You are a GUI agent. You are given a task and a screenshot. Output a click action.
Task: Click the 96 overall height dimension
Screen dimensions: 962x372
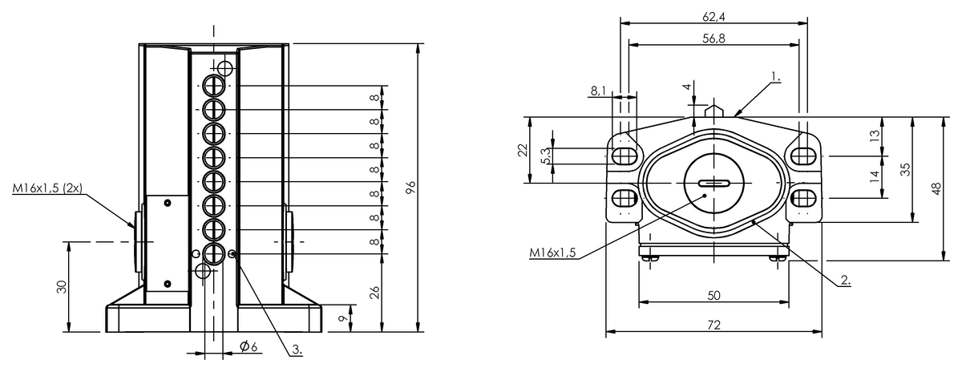411,188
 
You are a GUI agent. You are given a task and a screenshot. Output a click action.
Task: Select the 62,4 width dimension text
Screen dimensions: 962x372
713,17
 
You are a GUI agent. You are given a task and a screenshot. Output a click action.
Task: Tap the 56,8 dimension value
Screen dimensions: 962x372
713,38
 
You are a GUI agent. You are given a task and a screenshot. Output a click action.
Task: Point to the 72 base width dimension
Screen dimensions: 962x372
713,325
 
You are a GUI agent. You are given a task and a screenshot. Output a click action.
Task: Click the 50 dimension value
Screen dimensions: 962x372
713,296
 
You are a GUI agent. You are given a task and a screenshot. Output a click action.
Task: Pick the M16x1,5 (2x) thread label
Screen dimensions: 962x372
47,188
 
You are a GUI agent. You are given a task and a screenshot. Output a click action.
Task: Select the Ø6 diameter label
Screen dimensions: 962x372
249,346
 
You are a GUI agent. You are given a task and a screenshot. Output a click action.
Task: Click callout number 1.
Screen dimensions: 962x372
776,77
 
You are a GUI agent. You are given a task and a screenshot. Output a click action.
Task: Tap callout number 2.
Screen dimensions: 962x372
845,280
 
